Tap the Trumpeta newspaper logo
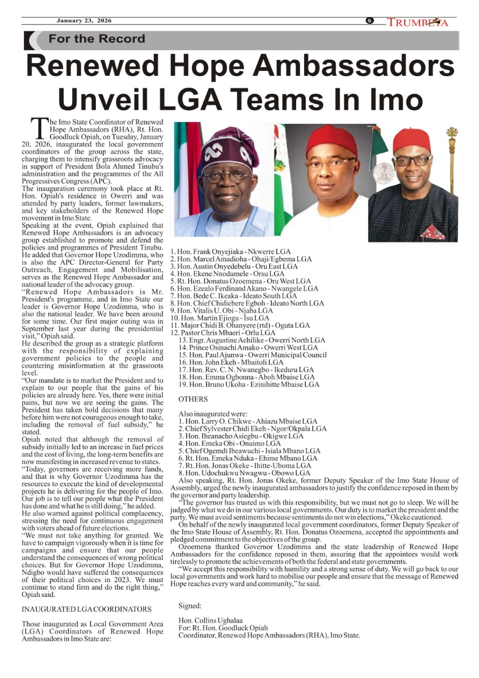[x=418, y=22]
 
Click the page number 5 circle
[x=370, y=21]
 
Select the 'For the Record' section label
[x=96, y=39]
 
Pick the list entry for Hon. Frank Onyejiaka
[x=230, y=251]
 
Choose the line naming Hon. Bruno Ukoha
[x=249, y=385]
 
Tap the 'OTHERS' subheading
[x=193, y=399]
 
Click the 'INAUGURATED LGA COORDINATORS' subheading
[x=86, y=609]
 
